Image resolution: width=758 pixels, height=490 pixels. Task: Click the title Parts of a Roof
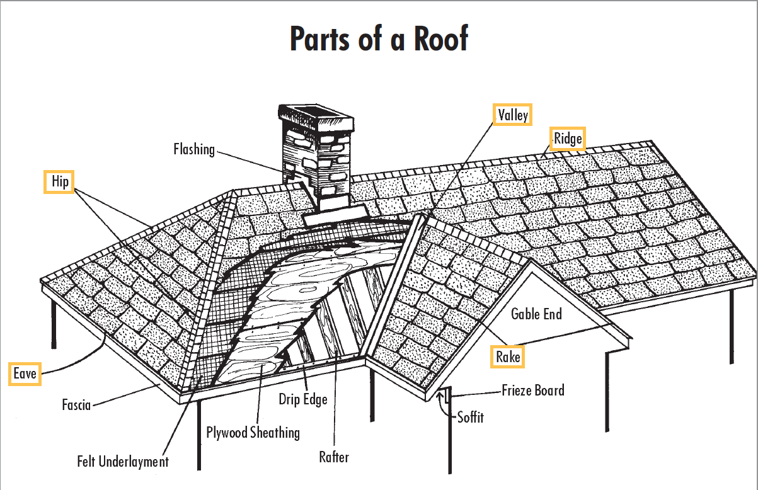(379, 39)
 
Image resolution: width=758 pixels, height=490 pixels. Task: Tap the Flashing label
(194, 149)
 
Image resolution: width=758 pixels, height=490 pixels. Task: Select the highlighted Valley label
(512, 115)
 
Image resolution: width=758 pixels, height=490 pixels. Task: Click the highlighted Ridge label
(568, 138)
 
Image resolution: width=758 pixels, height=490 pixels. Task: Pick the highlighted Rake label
(508, 357)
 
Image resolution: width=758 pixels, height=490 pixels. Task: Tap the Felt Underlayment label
(123, 461)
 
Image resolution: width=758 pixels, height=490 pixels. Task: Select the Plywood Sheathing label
(253, 432)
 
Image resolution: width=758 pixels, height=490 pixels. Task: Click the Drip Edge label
(303, 399)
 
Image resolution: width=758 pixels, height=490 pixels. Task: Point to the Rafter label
(333, 457)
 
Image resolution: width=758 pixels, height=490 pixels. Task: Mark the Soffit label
(471, 416)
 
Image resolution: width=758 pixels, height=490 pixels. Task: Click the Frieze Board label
(533, 390)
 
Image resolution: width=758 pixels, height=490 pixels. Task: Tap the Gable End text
(536, 313)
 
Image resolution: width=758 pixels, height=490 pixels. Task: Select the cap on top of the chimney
(316, 116)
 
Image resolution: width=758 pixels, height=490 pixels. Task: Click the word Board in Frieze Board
(550, 390)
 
